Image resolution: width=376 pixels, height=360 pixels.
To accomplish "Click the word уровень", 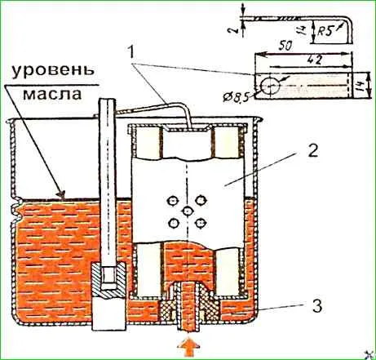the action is pos(53,70).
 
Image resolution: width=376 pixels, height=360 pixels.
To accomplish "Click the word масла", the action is pos(52,94).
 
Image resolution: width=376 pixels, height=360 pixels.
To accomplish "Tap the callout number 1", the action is pos(131,53).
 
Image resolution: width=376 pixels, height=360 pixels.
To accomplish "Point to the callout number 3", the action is pos(317,305).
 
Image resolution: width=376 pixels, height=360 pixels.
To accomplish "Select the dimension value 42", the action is pos(316,60).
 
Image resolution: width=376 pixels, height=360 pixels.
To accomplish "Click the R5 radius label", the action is pos(325,32).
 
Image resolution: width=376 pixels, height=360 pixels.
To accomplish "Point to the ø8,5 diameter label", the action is pos(236,97).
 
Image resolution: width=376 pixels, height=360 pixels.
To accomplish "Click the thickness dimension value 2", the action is pos(237,29).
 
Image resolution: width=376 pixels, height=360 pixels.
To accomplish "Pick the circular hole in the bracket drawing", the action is pos(270,87).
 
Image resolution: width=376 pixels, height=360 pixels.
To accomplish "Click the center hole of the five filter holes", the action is pos(188,211).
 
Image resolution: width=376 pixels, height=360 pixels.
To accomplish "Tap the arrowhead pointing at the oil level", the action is pos(62,194).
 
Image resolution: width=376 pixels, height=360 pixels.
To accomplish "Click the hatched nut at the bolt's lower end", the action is pos(108,279).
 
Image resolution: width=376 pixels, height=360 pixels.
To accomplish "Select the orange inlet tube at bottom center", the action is pos(188,308).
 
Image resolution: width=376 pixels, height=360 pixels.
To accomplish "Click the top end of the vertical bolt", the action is pos(108,99).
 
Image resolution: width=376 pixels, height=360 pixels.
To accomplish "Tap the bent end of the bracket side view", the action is pos(350,30).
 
